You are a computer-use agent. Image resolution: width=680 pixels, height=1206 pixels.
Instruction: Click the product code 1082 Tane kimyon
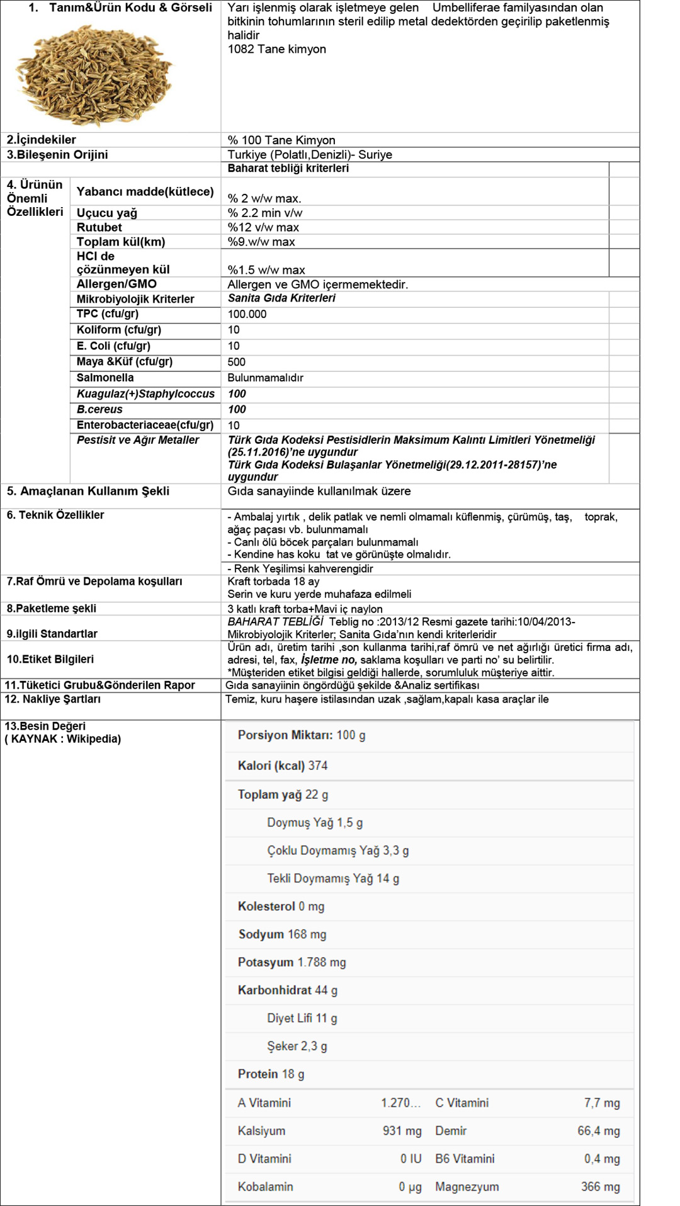(x=276, y=49)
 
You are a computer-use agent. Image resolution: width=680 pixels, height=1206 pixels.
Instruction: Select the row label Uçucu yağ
(x=107, y=213)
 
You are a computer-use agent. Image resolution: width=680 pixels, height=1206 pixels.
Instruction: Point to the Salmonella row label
(x=105, y=378)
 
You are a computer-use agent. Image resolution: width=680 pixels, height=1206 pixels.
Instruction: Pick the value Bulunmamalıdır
(x=265, y=378)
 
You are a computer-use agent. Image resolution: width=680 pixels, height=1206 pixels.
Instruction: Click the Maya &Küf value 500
(x=237, y=362)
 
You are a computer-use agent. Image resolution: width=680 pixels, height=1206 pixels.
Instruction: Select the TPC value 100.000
(x=247, y=314)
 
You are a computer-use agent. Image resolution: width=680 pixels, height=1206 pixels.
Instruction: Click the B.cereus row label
(x=99, y=409)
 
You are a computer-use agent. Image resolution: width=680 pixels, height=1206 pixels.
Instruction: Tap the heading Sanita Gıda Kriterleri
(x=281, y=298)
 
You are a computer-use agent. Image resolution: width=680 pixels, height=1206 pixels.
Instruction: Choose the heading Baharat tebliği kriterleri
(x=288, y=168)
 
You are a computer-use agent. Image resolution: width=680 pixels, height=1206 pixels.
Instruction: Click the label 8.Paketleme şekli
(x=52, y=609)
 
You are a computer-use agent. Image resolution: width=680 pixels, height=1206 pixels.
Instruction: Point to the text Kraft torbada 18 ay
(x=273, y=582)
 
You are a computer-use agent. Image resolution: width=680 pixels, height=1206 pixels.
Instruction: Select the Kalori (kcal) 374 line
(x=283, y=765)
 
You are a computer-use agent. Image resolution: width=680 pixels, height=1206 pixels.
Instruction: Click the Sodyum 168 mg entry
(x=282, y=934)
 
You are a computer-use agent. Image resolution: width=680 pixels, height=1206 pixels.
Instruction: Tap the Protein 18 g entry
(x=271, y=1074)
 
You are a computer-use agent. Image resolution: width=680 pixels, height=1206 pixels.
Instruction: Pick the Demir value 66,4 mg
(x=598, y=1130)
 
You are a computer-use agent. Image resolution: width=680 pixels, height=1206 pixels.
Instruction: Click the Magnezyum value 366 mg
(x=600, y=1186)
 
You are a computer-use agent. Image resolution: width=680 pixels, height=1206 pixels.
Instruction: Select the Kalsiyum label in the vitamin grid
(x=261, y=1130)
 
